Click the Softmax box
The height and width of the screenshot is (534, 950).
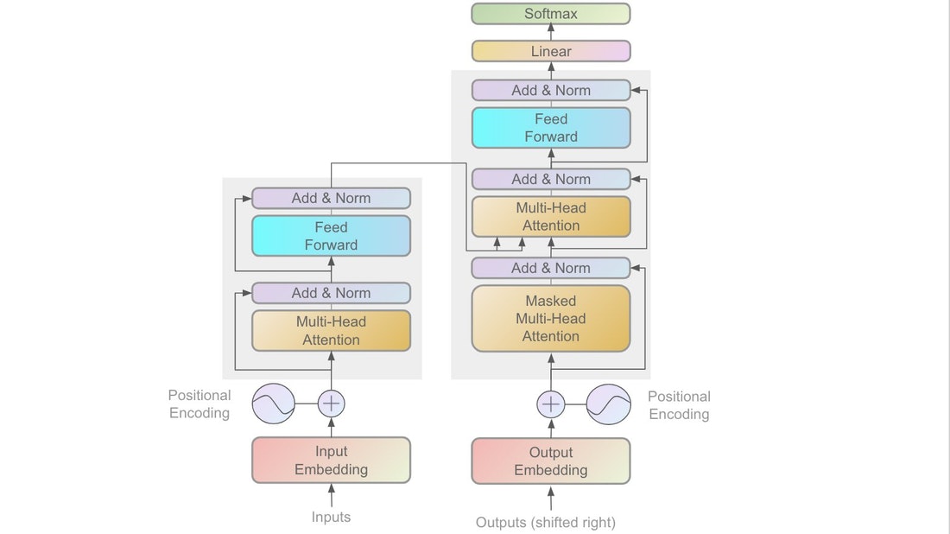coord(551,14)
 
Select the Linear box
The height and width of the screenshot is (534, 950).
coord(551,51)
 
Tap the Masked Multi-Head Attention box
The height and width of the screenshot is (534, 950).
coord(551,318)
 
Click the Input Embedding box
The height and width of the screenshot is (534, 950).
coord(331,461)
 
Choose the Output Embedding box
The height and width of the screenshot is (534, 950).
coord(551,461)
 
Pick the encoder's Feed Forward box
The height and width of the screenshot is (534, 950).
coord(331,236)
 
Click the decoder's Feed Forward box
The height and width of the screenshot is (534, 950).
coord(551,127)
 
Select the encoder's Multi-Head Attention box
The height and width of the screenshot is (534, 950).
coord(331,330)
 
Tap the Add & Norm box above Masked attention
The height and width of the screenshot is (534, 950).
coord(551,268)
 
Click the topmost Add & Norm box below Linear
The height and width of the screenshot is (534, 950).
coord(551,90)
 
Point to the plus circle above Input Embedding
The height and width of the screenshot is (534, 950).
coord(332,404)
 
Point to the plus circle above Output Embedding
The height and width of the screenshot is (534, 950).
coord(551,404)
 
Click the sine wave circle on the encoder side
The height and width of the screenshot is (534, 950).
coord(274,404)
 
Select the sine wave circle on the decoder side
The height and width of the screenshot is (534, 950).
coord(608,404)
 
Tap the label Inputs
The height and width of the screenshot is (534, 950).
coord(331,517)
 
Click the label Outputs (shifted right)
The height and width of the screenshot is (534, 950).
coord(546,522)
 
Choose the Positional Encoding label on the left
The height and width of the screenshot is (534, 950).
coord(199,404)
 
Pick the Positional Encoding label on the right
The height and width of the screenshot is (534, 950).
coord(679,405)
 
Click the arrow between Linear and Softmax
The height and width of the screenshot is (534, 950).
coord(551,33)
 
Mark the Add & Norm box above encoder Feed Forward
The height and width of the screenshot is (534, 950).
coord(331,198)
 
